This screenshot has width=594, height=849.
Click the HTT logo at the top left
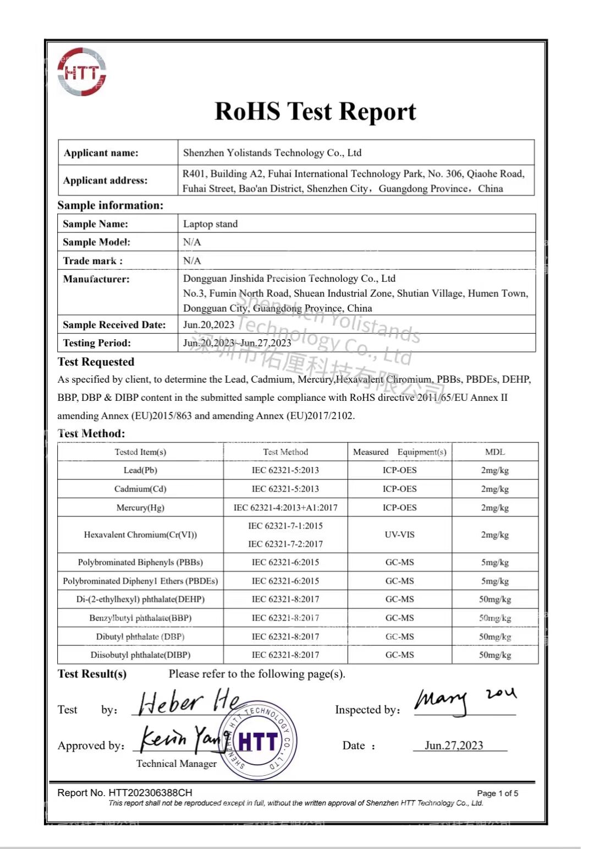pos(81,72)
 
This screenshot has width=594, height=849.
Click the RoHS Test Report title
pos(315,111)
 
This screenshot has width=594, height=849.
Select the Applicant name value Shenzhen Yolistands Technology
pos(272,153)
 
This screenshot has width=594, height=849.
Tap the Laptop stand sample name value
pos(210,224)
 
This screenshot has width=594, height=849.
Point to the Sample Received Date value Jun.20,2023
pos(208,324)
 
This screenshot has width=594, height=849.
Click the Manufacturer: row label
pos(96,279)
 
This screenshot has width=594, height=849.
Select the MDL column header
pos(494,451)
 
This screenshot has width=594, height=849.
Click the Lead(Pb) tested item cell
pos(140,470)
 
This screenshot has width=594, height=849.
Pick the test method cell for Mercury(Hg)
pos(285,507)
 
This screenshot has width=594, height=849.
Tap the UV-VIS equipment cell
pos(399,534)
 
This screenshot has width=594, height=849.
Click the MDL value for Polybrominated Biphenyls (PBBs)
pos(494,562)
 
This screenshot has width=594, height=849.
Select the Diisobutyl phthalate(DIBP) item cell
pos(140,655)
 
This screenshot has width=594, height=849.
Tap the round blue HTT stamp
pos(258,741)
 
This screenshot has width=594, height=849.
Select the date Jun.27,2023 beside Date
pos(454,745)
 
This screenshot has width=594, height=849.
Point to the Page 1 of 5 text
pos(497,793)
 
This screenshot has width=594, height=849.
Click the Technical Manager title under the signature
pos(176,763)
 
